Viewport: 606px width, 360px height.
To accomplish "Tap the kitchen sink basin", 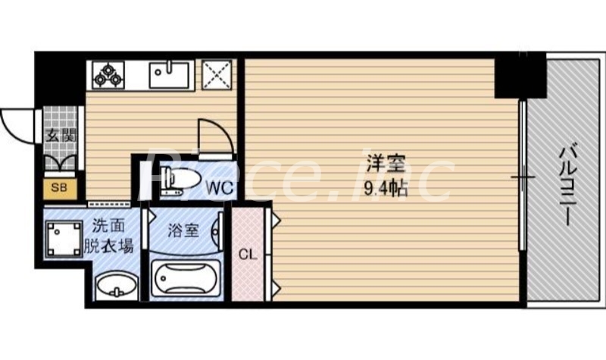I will pyautogui.click(x=168, y=74).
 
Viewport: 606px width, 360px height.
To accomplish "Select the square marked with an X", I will pyautogui.click(x=217, y=74).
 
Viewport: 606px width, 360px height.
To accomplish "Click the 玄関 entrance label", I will pyautogui.click(x=60, y=137).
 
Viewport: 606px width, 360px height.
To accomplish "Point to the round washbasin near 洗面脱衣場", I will pyautogui.click(x=116, y=286).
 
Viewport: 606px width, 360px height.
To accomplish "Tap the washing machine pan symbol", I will pyautogui.click(x=64, y=238).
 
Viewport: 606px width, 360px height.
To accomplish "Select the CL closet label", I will pyautogui.click(x=248, y=255).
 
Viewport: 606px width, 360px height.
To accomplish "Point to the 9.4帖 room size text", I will pyautogui.click(x=386, y=189).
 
